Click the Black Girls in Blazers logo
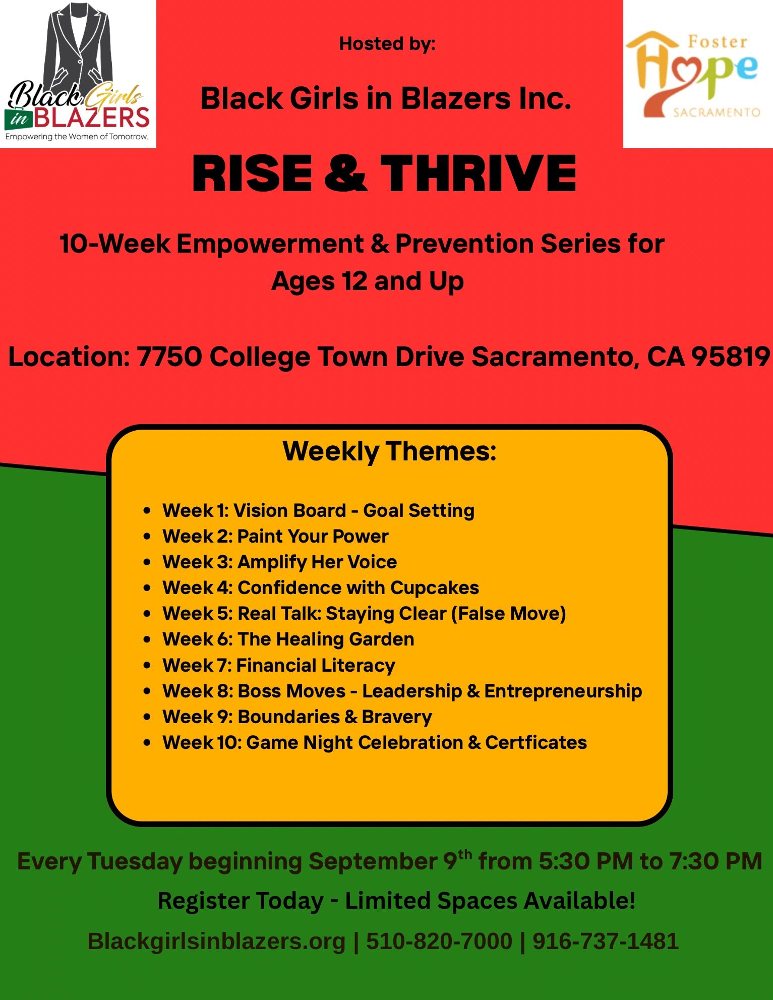[x=78, y=74]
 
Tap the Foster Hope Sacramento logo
[x=698, y=74]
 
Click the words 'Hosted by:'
[x=387, y=44]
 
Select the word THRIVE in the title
[x=478, y=173]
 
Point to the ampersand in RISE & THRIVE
[x=346, y=173]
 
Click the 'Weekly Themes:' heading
[x=389, y=451]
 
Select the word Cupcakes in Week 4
[x=434, y=588]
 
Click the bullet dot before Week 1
[x=147, y=510]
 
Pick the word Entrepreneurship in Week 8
[x=563, y=691]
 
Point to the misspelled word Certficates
[x=536, y=742]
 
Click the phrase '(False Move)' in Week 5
[x=508, y=614]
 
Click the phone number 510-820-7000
[x=439, y=942]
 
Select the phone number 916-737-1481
[x=606, y=942]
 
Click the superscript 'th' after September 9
[x=465, y=854]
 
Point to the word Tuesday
[x=135, y=862]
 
